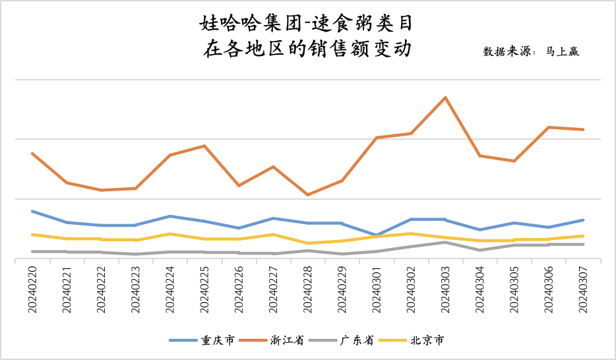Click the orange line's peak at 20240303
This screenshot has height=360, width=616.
[446, 98]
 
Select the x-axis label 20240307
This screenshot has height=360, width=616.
[582, 289]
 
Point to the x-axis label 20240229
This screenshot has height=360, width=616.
[342, 289]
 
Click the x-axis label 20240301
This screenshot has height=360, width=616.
[376, 289]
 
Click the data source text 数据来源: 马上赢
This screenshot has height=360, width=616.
[531, 51]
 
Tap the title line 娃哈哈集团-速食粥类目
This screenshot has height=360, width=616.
[307, 24]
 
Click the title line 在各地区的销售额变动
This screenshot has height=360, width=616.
[307, 49]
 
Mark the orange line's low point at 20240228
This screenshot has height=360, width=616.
[307, 195]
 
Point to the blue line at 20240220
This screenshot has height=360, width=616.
[32, 211]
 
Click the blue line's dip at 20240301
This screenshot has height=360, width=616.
[376, 235]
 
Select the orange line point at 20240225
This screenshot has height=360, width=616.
[204, 146]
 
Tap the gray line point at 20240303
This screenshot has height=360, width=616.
[446, 242]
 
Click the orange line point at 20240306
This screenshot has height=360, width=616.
[549, 127]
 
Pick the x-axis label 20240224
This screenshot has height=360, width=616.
[170, 289]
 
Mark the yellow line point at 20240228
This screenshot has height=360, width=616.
[307, 243]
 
